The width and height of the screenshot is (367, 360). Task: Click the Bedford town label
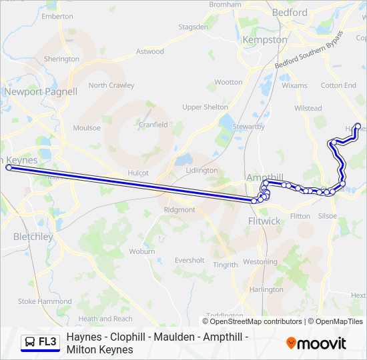point(290,13)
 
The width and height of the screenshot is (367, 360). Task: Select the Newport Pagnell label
point(41,91)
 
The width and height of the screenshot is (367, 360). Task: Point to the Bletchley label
point(33,237)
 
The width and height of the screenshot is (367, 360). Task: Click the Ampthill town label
point(265,177)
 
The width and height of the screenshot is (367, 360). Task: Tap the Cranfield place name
point(153,124)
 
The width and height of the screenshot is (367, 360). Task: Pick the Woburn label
point(142,251)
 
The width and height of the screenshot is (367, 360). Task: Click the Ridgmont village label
point(179,209)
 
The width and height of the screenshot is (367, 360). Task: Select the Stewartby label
point(248,127)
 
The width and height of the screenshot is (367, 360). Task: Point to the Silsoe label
point(328,216)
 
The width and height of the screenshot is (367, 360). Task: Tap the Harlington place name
point(266,289)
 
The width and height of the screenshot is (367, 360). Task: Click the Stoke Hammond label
point(45,301)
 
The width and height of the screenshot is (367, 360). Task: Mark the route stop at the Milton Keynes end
point(9,168)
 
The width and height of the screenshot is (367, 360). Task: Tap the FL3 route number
point(48,342)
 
